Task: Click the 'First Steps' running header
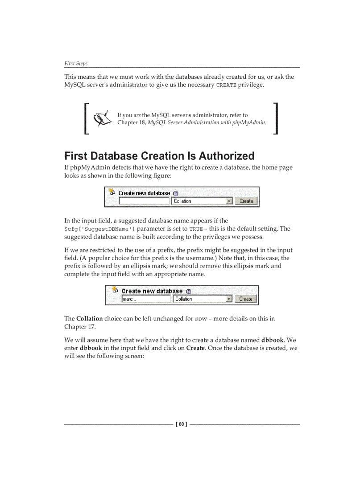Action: tap(76, 63)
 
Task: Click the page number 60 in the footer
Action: tap(182, 424)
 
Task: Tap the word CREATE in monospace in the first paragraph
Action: tap(226, 85)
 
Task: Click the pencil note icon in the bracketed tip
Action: tap(102, 118)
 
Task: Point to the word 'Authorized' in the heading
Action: tap(227, 156)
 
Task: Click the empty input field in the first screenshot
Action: tap(144, 201)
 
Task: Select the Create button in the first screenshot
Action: tap(246, 201)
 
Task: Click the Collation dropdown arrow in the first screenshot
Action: tap(229, 201)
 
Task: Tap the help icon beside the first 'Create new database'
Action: tap(175, 194)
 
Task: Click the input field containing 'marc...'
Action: tap(146, 299)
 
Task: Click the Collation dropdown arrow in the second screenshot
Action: tap(229, 299)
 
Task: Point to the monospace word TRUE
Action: tap(195, 229)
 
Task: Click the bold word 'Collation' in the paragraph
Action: tap(89, 319)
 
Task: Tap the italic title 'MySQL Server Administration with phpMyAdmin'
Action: tap(207, 122)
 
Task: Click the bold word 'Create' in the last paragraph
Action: tap(195, 348)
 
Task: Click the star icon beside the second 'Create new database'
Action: tap(115, 290)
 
